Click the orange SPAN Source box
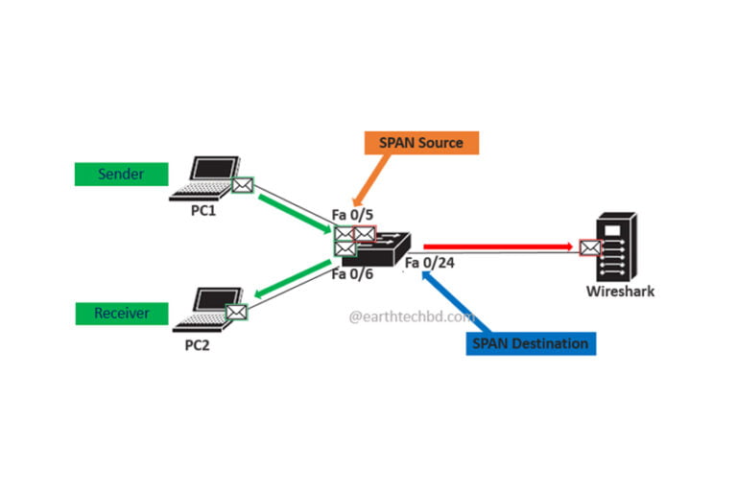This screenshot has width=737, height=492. (x=421, y=143)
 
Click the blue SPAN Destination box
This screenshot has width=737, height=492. (x=531, y=343)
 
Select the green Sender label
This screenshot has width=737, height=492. (x=120, y=174)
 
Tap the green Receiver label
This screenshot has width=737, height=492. (x=120, y=313)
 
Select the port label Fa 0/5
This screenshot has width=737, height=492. (x=353, y=213)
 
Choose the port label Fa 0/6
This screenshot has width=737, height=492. (x=352, y=274)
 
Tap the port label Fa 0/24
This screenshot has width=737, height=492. (x=429, y=263)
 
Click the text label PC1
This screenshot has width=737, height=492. (x=202, y=211)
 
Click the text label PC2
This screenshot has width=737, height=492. (x=197, y=344)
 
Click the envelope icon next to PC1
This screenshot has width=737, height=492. (x=242, y=185)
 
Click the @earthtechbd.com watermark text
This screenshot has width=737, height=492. (x=411, y=315)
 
